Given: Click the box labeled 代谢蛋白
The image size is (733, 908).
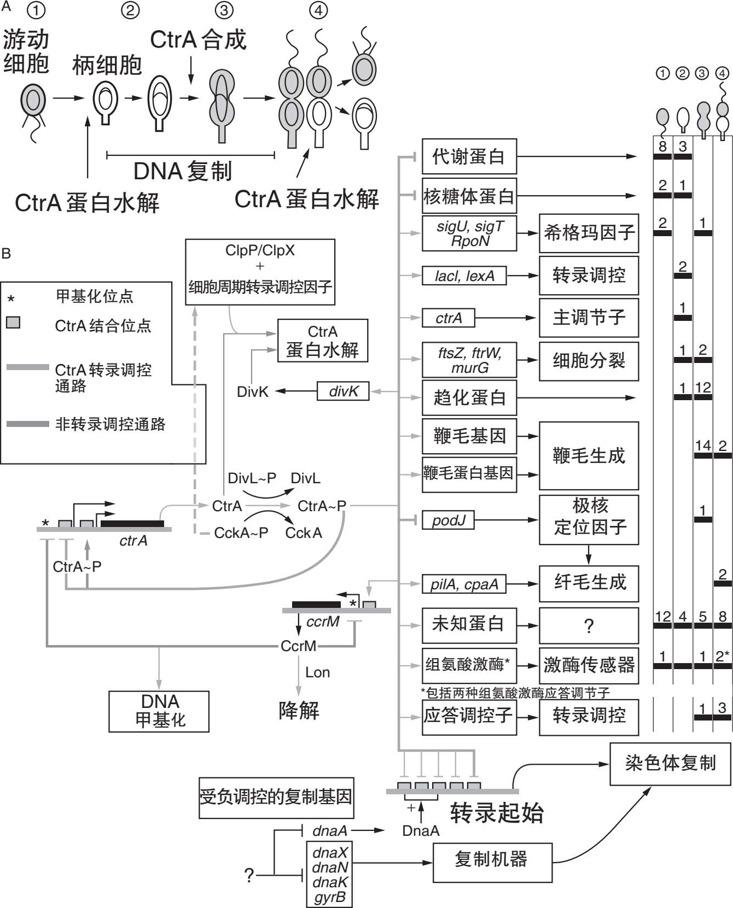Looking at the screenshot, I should tap(469, 157).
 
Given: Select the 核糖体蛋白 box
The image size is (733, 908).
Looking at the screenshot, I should tap(469, 196).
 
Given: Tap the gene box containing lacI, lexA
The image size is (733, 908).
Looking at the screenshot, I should tap(464, 276).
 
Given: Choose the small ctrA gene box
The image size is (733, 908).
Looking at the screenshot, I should tap(448, 318).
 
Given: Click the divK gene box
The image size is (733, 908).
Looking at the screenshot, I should tap(343, 391).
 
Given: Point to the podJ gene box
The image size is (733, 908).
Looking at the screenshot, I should tap(448, 520).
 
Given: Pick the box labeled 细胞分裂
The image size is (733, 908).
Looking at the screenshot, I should tap(589, 361).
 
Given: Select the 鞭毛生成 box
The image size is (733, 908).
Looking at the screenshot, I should tap(589, 455).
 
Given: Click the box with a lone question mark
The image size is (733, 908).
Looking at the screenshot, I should tap(589, 625).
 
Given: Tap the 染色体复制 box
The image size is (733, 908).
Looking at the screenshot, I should tap(670, 764).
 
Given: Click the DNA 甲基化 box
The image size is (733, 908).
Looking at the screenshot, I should tap(159, 711).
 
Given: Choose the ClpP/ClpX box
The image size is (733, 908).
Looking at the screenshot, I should tap(260, 272).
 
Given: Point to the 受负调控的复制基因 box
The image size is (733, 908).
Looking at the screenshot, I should tap(276, 798).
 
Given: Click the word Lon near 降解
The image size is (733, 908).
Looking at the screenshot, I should tap(317, 672).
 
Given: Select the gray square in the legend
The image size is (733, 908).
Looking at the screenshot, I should tap(13, 322).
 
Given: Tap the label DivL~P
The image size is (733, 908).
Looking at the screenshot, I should tap(252, 478).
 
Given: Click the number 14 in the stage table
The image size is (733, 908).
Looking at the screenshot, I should tap(702, 446).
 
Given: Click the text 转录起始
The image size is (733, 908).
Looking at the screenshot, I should tap(497, 813).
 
